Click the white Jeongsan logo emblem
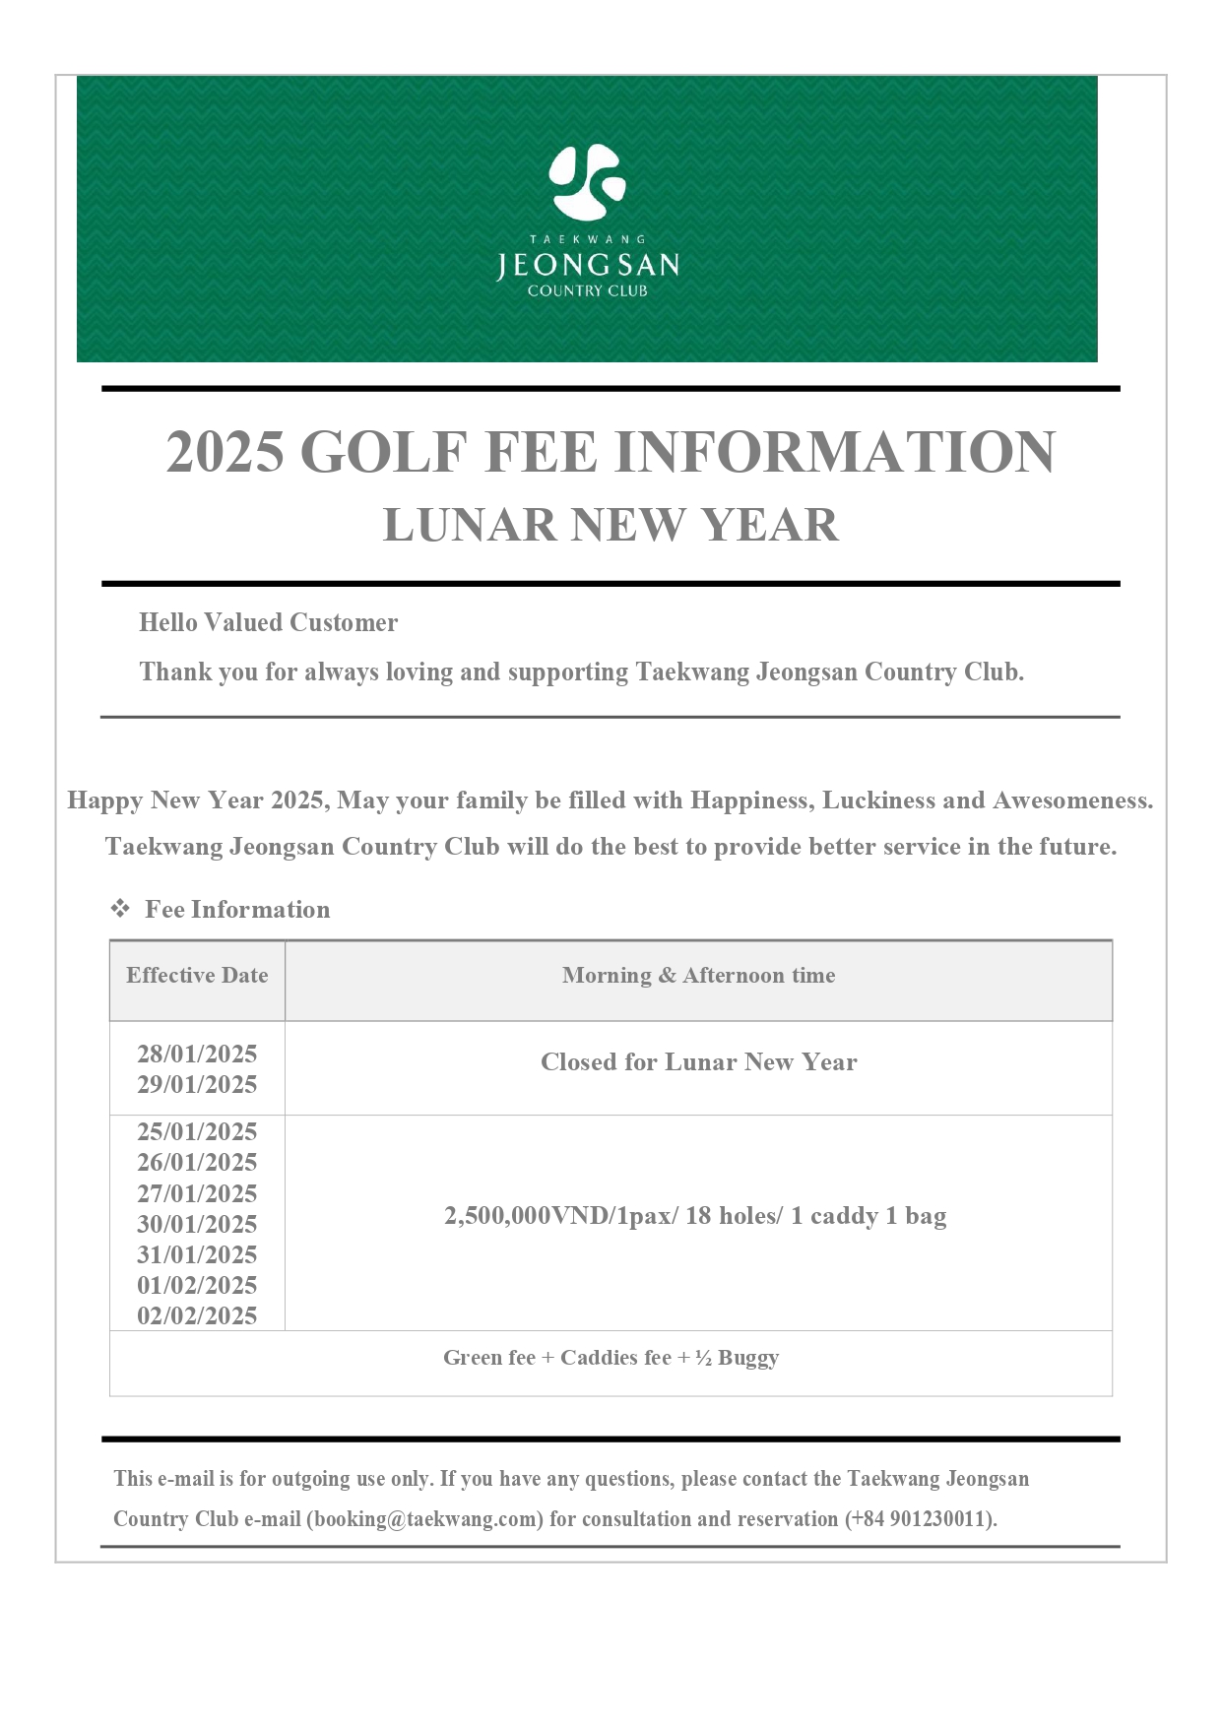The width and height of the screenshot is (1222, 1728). point(587,182)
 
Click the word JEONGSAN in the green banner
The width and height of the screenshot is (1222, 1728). point(587,265)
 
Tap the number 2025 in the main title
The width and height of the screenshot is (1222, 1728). point(225,452)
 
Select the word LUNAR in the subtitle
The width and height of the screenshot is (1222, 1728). point(470,525)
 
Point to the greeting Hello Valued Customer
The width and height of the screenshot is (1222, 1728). point(268,622)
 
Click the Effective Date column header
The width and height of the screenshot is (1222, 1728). point(197,976)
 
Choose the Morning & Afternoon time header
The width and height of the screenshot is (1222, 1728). point(698,976)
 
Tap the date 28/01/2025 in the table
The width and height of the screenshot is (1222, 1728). point(197,1054)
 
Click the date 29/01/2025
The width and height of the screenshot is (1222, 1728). point(197,1084)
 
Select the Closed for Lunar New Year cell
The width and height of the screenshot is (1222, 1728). point(698,1062)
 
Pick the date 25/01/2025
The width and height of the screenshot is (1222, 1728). point(197,1131)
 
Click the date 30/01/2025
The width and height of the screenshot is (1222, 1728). point(197,1224)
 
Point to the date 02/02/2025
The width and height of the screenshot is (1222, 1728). point(197,1315)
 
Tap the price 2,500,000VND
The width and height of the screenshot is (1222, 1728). point(526,1216)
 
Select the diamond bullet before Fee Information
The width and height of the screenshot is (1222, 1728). point(120,909)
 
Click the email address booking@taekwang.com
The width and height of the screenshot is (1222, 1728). point(425,1518)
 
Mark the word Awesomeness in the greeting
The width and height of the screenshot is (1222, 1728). point(1071,800)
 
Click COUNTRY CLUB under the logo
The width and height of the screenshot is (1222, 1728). point(587,290)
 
